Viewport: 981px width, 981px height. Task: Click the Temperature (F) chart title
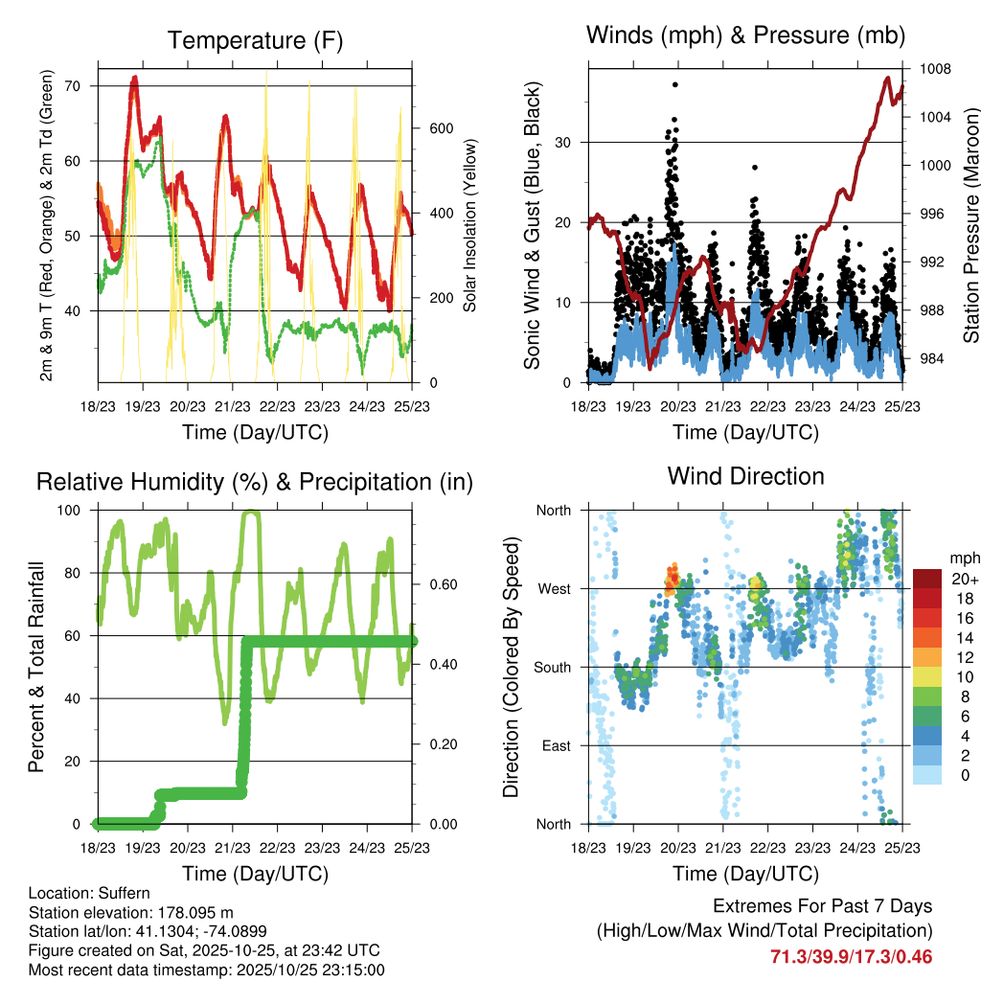click(255, 40)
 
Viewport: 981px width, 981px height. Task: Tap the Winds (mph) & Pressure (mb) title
click(745, 35)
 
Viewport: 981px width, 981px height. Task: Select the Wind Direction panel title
click(745, 476)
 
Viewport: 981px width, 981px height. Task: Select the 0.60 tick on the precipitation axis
click(435, 584)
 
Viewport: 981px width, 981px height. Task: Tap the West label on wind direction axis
click(554, 588)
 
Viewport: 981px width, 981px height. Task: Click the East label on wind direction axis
click(556, 745)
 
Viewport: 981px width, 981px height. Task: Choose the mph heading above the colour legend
click(964, 557)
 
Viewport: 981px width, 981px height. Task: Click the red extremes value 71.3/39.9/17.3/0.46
click(851, 956)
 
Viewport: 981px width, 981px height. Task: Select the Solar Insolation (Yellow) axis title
click(470, 226)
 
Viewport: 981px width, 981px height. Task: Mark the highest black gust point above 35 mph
click(675, 84)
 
